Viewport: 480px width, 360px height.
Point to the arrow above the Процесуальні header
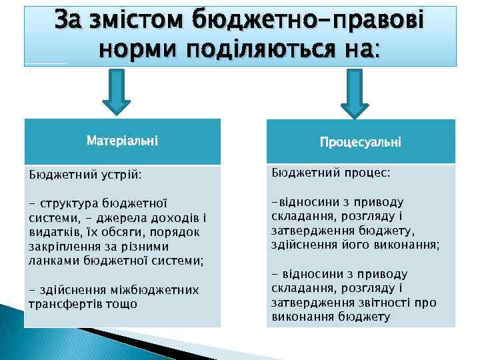[x=355, y=96]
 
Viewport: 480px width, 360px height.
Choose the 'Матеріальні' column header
[x=122, y=141]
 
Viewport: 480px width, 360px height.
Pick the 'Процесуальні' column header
[x=360, y=142]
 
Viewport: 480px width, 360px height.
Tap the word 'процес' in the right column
[x=365, y=173]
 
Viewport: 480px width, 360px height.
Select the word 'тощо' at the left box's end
[x=125, y=303]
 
